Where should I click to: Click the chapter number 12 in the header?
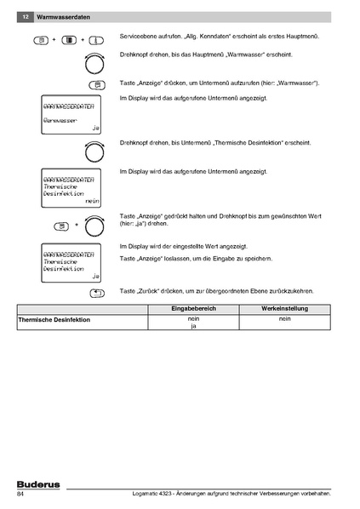pyautogui.click(x=26, y=17)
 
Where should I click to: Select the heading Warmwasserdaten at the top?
pyautogui.click(x=61, y=17)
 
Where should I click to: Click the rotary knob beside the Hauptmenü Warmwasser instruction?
pyautogui.click(x=94, y=63)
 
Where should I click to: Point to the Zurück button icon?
pyautogui.click(x=96, y=293)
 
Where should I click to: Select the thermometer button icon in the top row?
pyautogui.click(x=96, y=40)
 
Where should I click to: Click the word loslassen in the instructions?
pyautogui.click(x=178, y=256)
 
